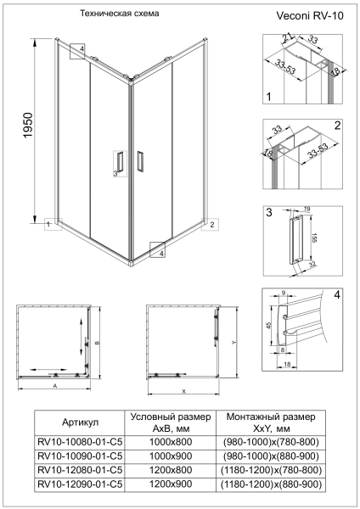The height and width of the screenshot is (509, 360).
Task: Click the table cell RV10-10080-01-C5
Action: [82, 441]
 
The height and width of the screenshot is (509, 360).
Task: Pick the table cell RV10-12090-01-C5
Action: [82, 484]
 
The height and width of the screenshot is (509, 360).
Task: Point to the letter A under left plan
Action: [55, 384]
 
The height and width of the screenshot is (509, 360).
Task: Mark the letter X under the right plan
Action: [183, 391]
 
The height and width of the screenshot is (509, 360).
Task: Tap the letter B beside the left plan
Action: [98, 343]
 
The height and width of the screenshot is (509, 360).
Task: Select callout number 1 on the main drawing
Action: [49, 226]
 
